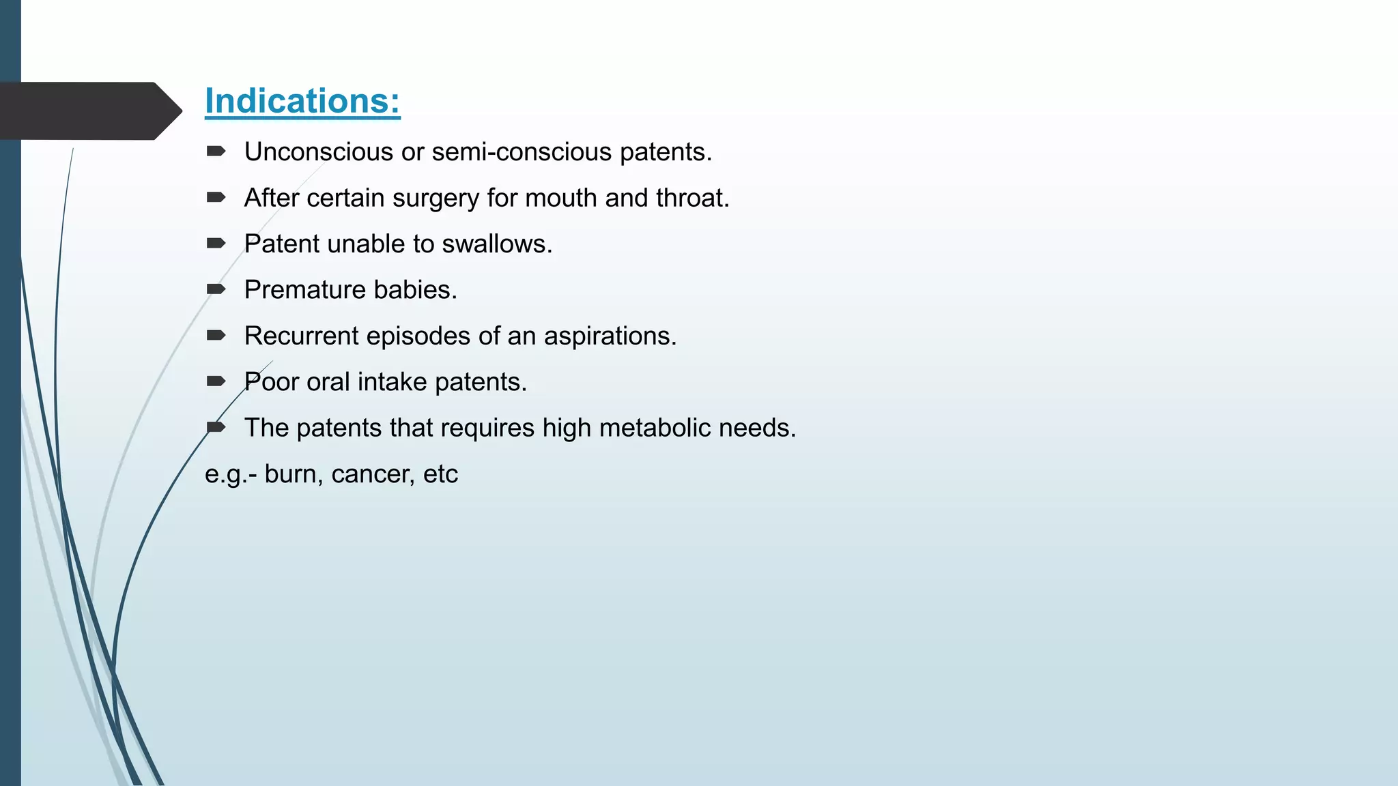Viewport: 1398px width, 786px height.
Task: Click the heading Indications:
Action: (x=302, y=101)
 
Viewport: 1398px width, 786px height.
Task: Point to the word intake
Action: (x=392, y=382)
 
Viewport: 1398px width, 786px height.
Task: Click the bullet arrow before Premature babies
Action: (x=216, y=289)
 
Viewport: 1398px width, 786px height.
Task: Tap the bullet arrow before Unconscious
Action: (x=216, y=151)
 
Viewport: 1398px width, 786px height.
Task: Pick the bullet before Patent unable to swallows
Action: (x=216, y=244)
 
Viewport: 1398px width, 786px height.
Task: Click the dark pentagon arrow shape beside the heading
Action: (x=89, y=111)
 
